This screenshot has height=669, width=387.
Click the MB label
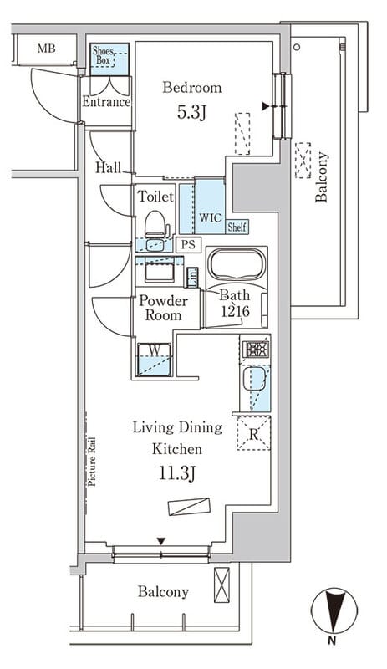coord(46,49)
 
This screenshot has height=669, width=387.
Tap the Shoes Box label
coord(104,56)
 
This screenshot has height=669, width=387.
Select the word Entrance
coord(106,101)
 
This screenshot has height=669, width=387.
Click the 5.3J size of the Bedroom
coord(191,112)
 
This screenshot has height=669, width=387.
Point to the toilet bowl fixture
coord(155,224)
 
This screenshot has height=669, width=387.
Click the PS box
coord(188,244)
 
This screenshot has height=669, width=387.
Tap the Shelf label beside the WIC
coord(237,227)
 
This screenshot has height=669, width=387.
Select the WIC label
coord(210,217)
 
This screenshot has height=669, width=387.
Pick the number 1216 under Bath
coord(235,311)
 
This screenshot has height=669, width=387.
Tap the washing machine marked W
coord(154,360)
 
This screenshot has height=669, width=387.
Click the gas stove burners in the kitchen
coord(256,349)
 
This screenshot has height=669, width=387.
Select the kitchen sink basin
coord(254,380)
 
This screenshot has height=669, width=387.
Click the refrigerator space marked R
coord(254,433)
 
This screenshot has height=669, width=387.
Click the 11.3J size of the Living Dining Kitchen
coord(177,473)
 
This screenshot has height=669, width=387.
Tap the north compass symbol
coord(334,611)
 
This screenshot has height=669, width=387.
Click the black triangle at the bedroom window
coord(267,106)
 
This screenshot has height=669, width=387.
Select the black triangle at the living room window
coord(160,541)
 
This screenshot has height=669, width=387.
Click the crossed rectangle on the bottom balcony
coord(222,585)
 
